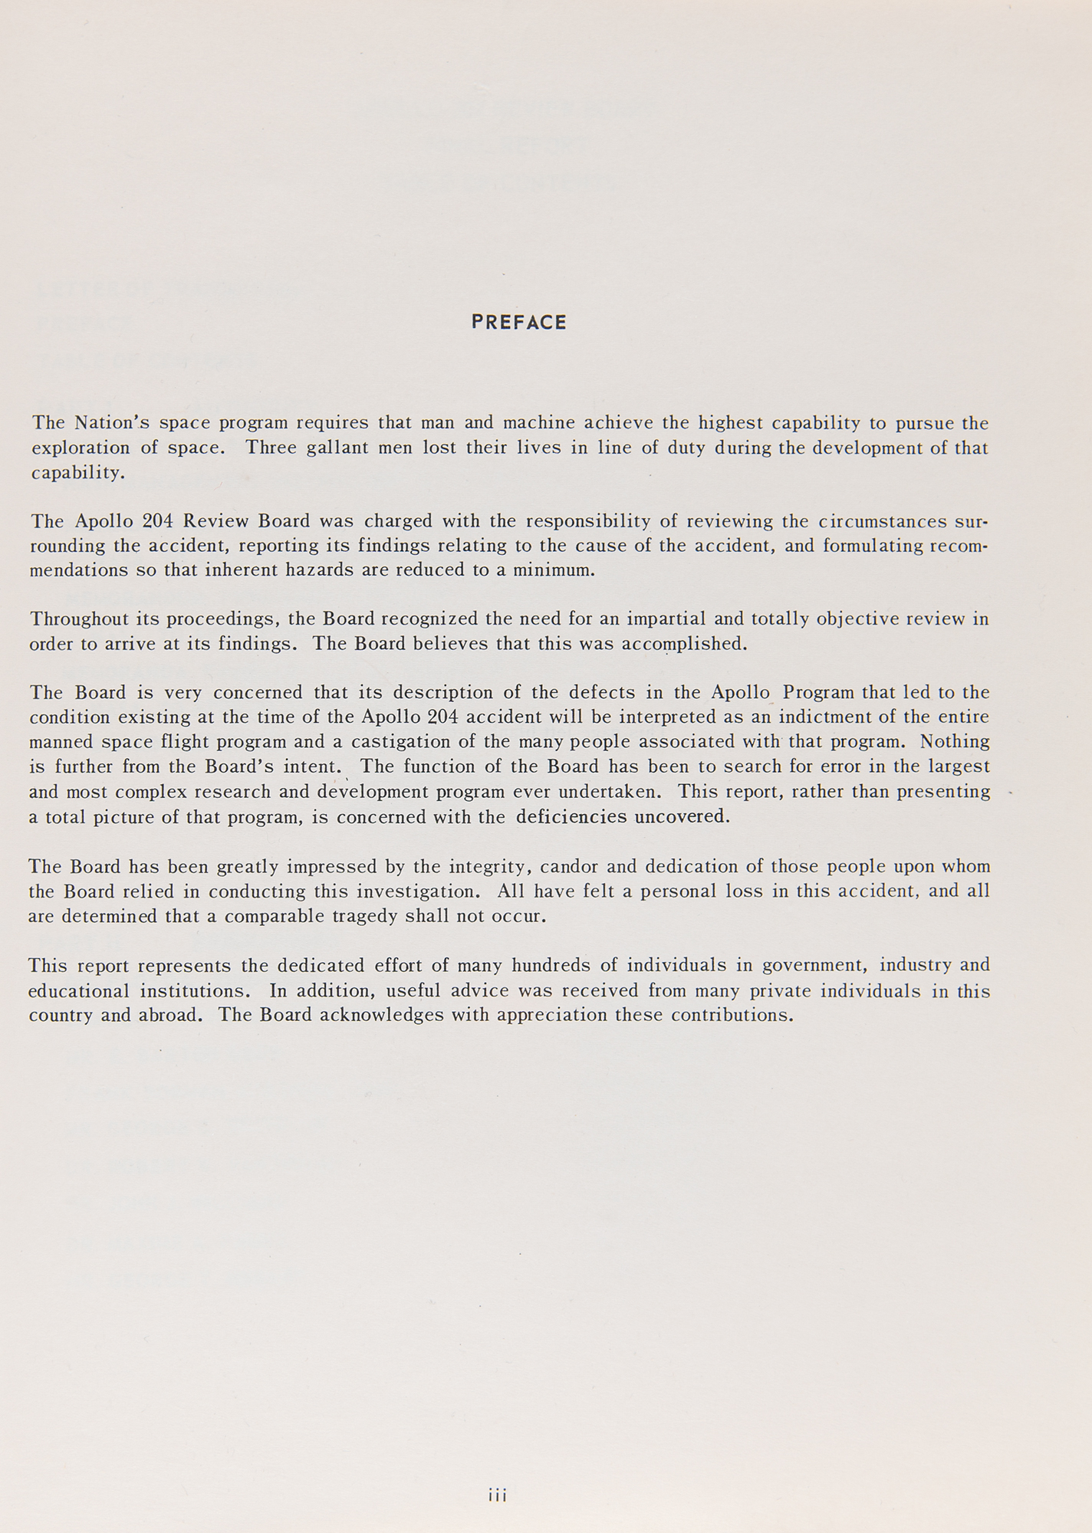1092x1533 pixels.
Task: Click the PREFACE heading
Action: click(x=519, y=323)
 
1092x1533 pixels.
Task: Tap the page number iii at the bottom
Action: click(x=498, y=1495)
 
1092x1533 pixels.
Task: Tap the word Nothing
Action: click(x=955, y=742)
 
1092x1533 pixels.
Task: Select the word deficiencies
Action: click(x=572, y=816)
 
